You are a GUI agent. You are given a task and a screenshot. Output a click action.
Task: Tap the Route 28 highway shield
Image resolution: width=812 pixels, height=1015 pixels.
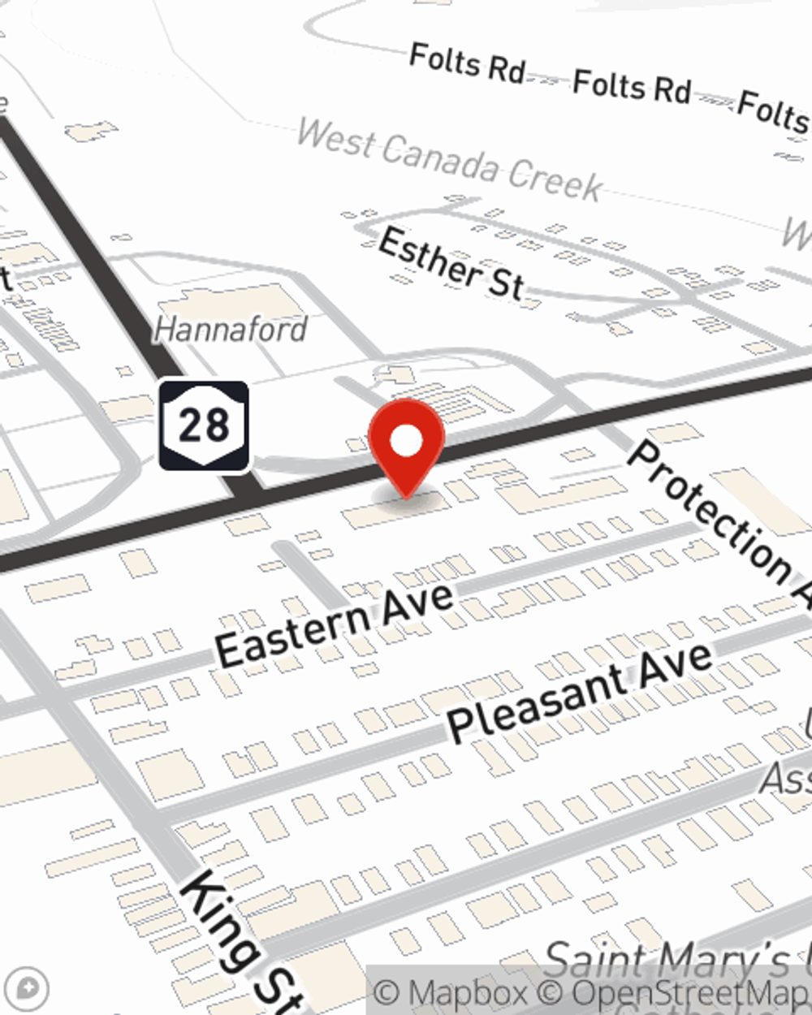click(203, 425)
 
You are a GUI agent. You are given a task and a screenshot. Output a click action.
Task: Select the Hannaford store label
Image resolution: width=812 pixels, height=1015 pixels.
click(231, 329)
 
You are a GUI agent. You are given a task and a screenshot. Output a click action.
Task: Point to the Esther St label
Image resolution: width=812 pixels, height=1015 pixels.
click(451, 263)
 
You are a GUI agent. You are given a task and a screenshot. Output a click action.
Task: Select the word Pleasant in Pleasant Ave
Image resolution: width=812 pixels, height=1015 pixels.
click(536, 703)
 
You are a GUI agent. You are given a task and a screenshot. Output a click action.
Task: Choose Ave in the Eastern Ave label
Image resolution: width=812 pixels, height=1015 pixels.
click(417, 604)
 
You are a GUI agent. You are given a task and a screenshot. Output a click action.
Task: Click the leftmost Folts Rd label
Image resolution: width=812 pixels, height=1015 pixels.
click(468, 63)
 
